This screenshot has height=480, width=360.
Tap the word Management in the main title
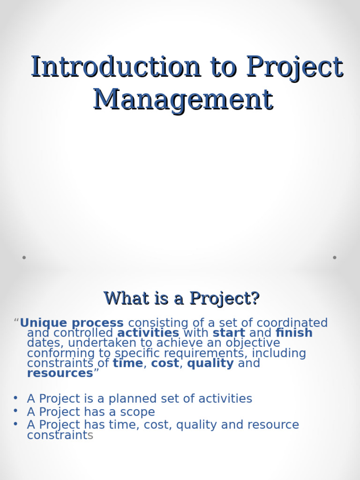coord(183,99)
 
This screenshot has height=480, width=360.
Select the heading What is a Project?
coord(181,298)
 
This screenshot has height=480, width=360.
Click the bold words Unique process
coord(72,323)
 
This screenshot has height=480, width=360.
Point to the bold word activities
coord(148,333)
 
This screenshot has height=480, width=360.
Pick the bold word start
coord(229,333)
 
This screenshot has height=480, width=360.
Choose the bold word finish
coord(294,333)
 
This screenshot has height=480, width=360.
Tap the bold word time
coord(127,363)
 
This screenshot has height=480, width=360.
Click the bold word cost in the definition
coord(165,363)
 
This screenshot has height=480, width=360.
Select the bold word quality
coord(210,363)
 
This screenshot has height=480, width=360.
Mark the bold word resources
coord(60,373)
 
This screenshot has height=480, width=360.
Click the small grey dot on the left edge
coord(24,257)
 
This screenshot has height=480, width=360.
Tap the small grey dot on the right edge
coord(335,257)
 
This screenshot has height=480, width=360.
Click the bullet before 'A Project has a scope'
coord(15,411)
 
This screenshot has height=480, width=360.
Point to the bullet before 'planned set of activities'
coord(15,397)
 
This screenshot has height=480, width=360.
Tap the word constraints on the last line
coord(60,435)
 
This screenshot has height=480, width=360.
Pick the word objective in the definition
coord(253,343)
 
